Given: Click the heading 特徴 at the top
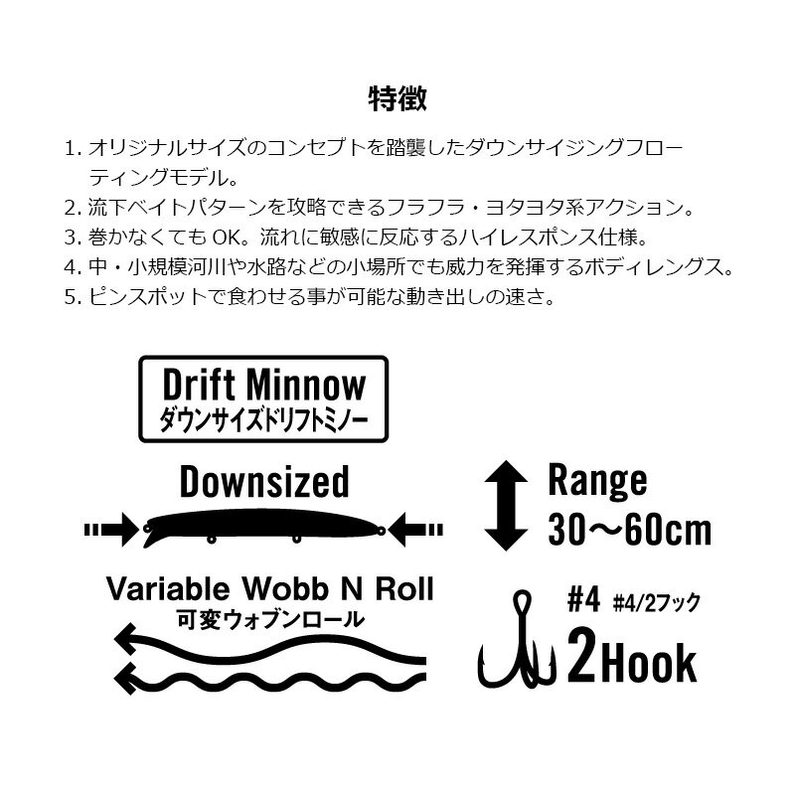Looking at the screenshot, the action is pos(397,98).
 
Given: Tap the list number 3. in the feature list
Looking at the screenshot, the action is pos(73,238).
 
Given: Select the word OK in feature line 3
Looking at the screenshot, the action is pos(225,238).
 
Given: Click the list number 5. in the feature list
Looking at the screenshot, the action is pos(73,297).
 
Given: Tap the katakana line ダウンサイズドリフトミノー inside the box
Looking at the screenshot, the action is pos(263,420).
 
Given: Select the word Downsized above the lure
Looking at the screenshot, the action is pos(264,482).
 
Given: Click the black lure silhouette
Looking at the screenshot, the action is pos(263,528).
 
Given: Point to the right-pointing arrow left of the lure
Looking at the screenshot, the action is pos(111,531).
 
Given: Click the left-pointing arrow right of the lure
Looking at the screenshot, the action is pos(415,531).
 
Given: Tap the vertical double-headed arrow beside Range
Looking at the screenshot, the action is pos(506,505).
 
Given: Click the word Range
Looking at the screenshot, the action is pos(598,481).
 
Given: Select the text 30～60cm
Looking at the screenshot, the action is pos(630,530).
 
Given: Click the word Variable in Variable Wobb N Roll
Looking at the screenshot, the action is pos(168,588).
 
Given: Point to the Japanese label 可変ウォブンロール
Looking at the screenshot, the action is pos(270,619).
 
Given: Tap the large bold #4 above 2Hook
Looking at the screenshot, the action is pos(583,599).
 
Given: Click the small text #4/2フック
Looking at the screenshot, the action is pos(657,602).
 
